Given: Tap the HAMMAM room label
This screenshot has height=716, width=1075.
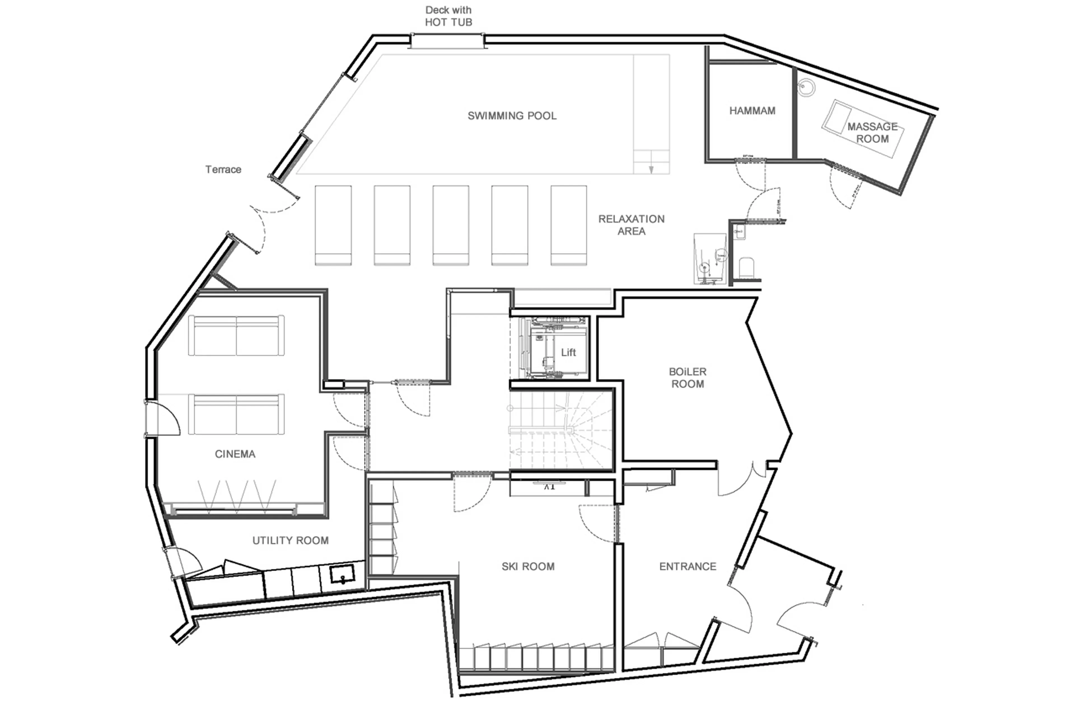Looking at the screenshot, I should pos(752,111).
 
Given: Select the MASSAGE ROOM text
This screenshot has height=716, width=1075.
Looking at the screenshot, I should pos(872,132).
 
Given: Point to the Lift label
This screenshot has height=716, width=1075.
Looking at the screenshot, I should pos(568,352).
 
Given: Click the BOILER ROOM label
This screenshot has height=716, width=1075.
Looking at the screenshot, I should pos(688,378).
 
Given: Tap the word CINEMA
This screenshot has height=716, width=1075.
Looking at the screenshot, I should pos(235,454).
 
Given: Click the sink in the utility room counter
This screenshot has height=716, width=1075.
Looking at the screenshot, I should pos(342,574).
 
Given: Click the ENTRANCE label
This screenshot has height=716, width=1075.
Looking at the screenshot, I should pos(687,566).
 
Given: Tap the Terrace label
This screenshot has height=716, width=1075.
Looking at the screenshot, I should pos(223,169).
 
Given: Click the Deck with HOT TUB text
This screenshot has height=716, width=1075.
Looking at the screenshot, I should pos(448,16).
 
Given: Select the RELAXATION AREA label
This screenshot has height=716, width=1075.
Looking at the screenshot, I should pos(631,225).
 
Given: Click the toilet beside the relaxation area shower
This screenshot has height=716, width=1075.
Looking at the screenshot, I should pos(746,267).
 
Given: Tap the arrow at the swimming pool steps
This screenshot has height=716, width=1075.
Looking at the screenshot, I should pos(651,169).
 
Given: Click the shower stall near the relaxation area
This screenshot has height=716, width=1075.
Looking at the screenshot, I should pos(709,259).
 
